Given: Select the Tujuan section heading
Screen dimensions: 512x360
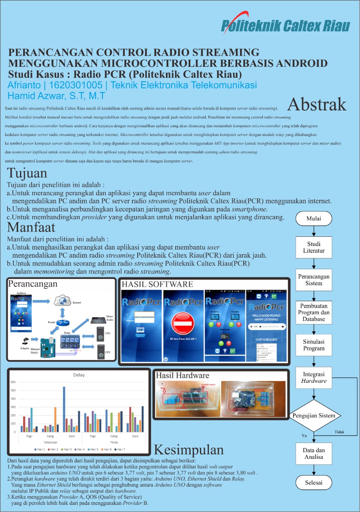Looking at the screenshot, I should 27,173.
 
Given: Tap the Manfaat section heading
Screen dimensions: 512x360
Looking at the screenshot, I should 31,227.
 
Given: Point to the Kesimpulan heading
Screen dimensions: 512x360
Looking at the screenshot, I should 189,450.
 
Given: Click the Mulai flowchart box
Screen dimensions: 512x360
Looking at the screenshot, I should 314,218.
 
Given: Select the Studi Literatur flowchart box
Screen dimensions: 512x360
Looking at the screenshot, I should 314,247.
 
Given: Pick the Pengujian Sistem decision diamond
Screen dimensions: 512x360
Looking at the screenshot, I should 314,416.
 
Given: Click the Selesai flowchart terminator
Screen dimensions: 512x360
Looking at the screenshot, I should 314,482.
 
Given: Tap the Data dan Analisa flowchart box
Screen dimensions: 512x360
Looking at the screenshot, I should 314,453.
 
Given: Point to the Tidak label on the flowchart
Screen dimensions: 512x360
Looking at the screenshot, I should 339,432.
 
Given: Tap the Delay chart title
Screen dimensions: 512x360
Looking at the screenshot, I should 78,375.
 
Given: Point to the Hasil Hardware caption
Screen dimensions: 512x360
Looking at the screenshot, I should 182,376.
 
